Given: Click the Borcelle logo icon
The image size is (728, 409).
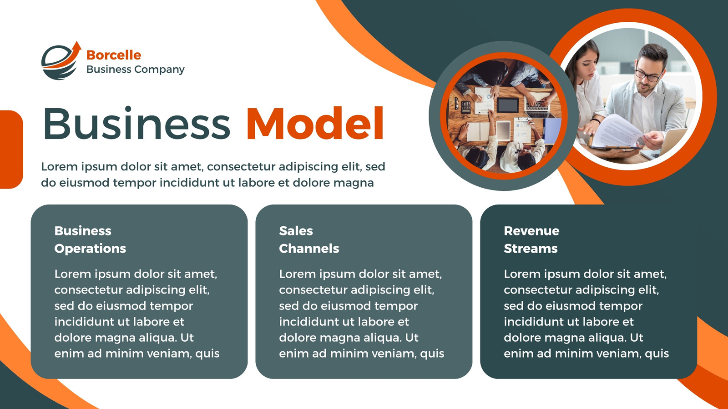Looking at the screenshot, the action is [x=61, y=61].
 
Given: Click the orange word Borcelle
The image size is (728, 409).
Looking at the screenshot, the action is [x=114, y=55].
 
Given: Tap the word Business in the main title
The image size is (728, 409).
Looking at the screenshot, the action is [x=136, y=123].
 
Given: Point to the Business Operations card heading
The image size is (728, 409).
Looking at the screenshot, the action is [x=90, y=239].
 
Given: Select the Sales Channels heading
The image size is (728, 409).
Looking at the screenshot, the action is [x=309, y=239].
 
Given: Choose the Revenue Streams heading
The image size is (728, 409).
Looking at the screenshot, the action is [x=531, y=239].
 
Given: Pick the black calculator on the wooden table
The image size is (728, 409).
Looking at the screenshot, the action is [x=465, y=106].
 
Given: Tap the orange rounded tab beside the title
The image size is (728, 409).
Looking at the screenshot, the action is [x=11, y=150].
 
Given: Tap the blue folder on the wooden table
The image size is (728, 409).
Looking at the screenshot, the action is [x=552, y=130].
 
